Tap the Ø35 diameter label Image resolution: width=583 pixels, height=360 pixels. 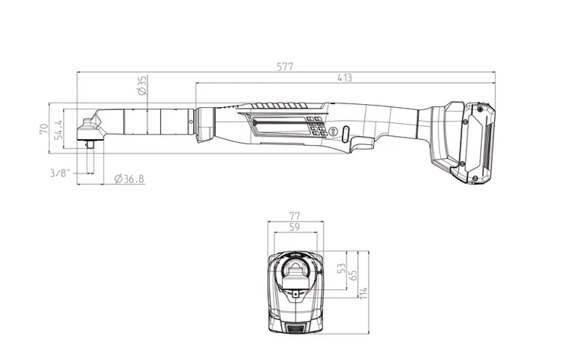[x=142, y=85]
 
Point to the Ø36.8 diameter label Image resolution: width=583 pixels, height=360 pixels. [x=128, y=178]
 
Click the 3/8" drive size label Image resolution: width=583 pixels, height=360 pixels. [x=60, y=173]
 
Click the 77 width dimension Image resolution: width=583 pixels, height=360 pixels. [x=296, y=216]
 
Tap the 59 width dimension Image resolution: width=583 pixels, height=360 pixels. [x=296, y=226]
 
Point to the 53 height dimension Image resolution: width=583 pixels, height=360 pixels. [x=341, y=268]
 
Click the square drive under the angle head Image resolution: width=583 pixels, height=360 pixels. [x=90, y=144]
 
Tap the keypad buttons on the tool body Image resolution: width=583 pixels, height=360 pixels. [x=317, y=125]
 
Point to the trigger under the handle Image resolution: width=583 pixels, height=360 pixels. [x=363, y=144]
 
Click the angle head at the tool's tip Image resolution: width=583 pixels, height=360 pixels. [x=90, y=125]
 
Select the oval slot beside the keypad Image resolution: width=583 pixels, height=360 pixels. [x=345, y=134]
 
